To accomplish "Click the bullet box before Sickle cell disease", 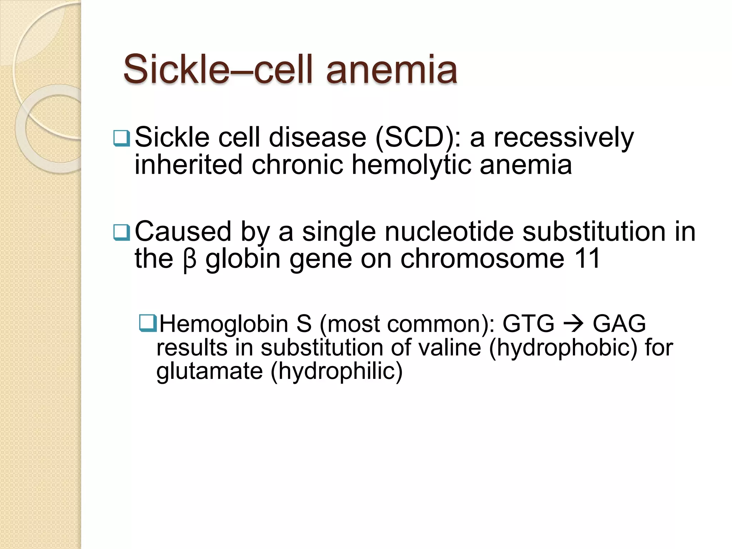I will click(x=122, y=139).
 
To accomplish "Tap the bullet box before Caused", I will click(x=122, y=233).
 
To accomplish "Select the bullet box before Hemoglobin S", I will click(x=148, y=323).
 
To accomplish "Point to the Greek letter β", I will click(x=189, y=259).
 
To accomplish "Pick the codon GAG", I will click(x=619, y=324).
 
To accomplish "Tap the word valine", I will click(x=450, y=347).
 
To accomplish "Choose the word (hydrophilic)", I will click(x=336, y=372).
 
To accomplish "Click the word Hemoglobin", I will click(x=224, y=324).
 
